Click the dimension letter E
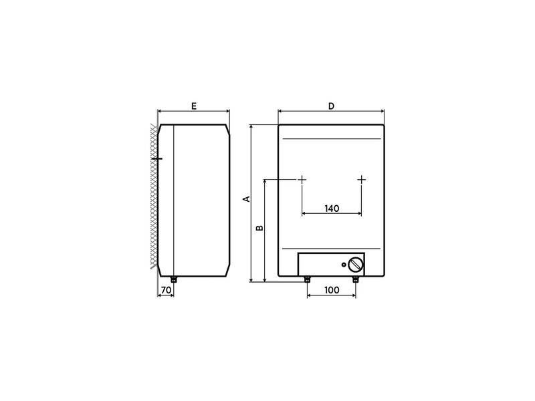point(194,106)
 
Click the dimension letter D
point(331,106)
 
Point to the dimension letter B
point(259,227)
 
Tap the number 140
point(332,209)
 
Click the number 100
point(332,290)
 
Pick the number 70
point(166,290)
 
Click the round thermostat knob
point(356,265)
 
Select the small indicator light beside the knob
point(344,265)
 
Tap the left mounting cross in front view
point(302,179)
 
